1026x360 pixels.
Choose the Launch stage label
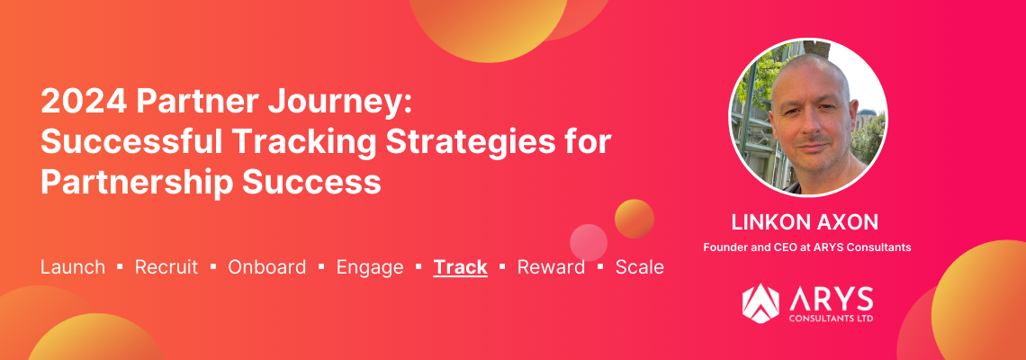(73, 267)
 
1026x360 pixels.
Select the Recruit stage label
(166, 267)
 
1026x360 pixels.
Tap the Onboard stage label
(267, 267)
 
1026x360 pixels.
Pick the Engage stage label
(370, 268)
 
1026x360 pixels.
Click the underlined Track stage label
(460, 267)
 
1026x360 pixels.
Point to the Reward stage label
(551, 267)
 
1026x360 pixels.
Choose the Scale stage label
(639, 267)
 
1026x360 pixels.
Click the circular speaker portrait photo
(807, 117)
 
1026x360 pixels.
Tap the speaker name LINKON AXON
(805, 222)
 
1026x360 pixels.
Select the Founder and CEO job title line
(806, 247)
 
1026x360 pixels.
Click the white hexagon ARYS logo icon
(760, 303)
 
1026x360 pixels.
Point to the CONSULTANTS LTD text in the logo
(831, 319)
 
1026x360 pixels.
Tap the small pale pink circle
(589, 243)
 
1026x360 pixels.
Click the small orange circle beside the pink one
(634, 219)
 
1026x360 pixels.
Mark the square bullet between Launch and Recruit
(120, 266)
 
